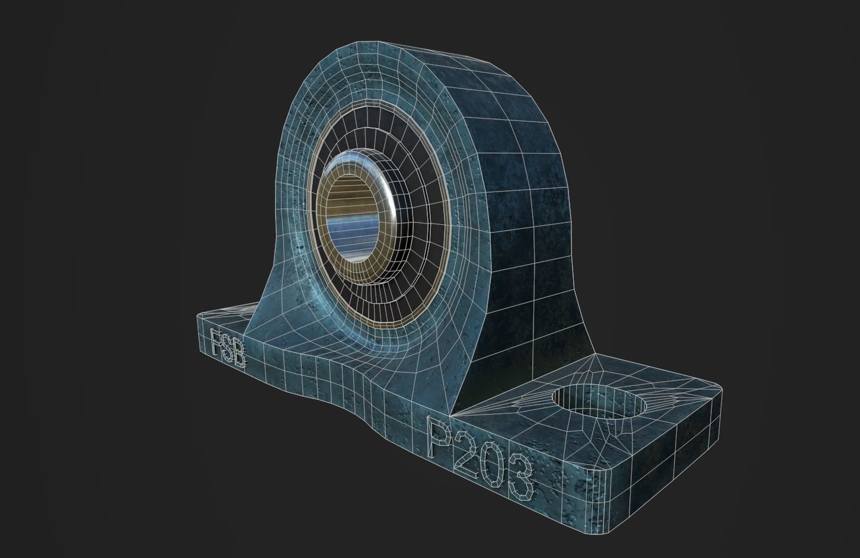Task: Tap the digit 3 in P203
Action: pyautogui.click(x=522, y=481)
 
